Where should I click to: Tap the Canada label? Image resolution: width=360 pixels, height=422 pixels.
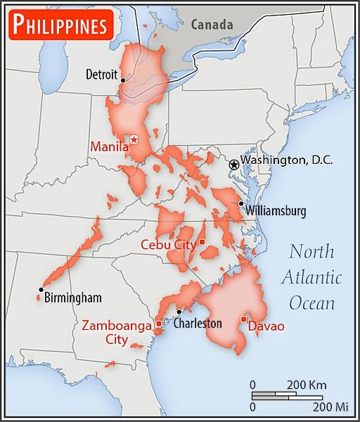211,25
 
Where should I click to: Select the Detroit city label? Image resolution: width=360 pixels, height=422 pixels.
103,74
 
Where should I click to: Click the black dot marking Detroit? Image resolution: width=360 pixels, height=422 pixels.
123,80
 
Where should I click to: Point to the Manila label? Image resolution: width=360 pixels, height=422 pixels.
109,147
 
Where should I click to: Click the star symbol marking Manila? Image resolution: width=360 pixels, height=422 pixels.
134,140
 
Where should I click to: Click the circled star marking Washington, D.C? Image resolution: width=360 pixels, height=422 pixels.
233,163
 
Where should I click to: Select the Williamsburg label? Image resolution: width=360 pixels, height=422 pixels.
276,210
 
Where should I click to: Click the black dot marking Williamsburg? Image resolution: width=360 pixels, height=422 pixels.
241,203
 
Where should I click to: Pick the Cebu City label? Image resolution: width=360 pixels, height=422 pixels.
168,245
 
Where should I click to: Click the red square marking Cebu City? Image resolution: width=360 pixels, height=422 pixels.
202,242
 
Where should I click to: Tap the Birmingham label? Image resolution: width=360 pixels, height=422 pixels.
72,298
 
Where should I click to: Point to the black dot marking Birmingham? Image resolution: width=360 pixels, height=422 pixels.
41,290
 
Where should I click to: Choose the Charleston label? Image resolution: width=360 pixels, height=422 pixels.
198,324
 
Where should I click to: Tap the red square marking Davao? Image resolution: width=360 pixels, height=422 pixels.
243,319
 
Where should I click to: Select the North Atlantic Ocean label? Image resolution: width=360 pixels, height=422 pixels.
311,277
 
